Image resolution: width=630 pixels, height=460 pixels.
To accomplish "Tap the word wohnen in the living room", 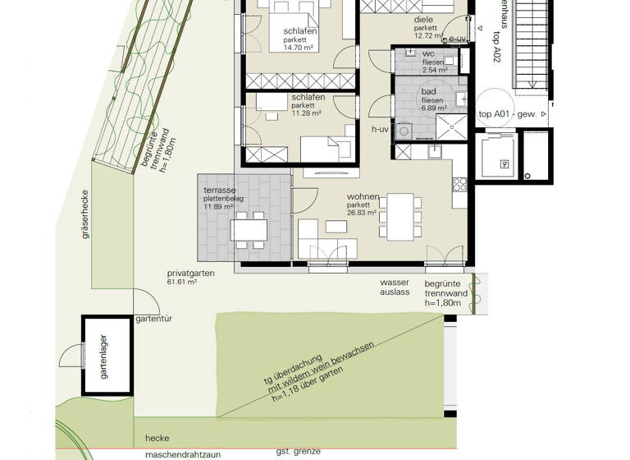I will click(x=362, y=197).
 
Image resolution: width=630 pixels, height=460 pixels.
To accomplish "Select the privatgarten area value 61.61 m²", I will click(x=182, y=282).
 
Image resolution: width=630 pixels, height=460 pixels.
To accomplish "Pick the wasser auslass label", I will click(x=395, y=287).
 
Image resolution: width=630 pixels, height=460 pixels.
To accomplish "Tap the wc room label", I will click(x=427, y=53).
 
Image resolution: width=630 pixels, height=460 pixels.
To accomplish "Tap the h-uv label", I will click(x=379, y=130).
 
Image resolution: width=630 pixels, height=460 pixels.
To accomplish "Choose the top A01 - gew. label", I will click(x=507, y=115).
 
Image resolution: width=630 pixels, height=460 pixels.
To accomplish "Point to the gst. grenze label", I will click(x=298, y=452).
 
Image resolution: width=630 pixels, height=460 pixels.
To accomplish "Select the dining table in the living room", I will click(x=401, y=215).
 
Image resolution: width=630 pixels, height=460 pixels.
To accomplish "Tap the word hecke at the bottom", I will click(x=157, y=438).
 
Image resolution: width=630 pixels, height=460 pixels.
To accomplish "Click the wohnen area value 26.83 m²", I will click(x=362, y=212).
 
